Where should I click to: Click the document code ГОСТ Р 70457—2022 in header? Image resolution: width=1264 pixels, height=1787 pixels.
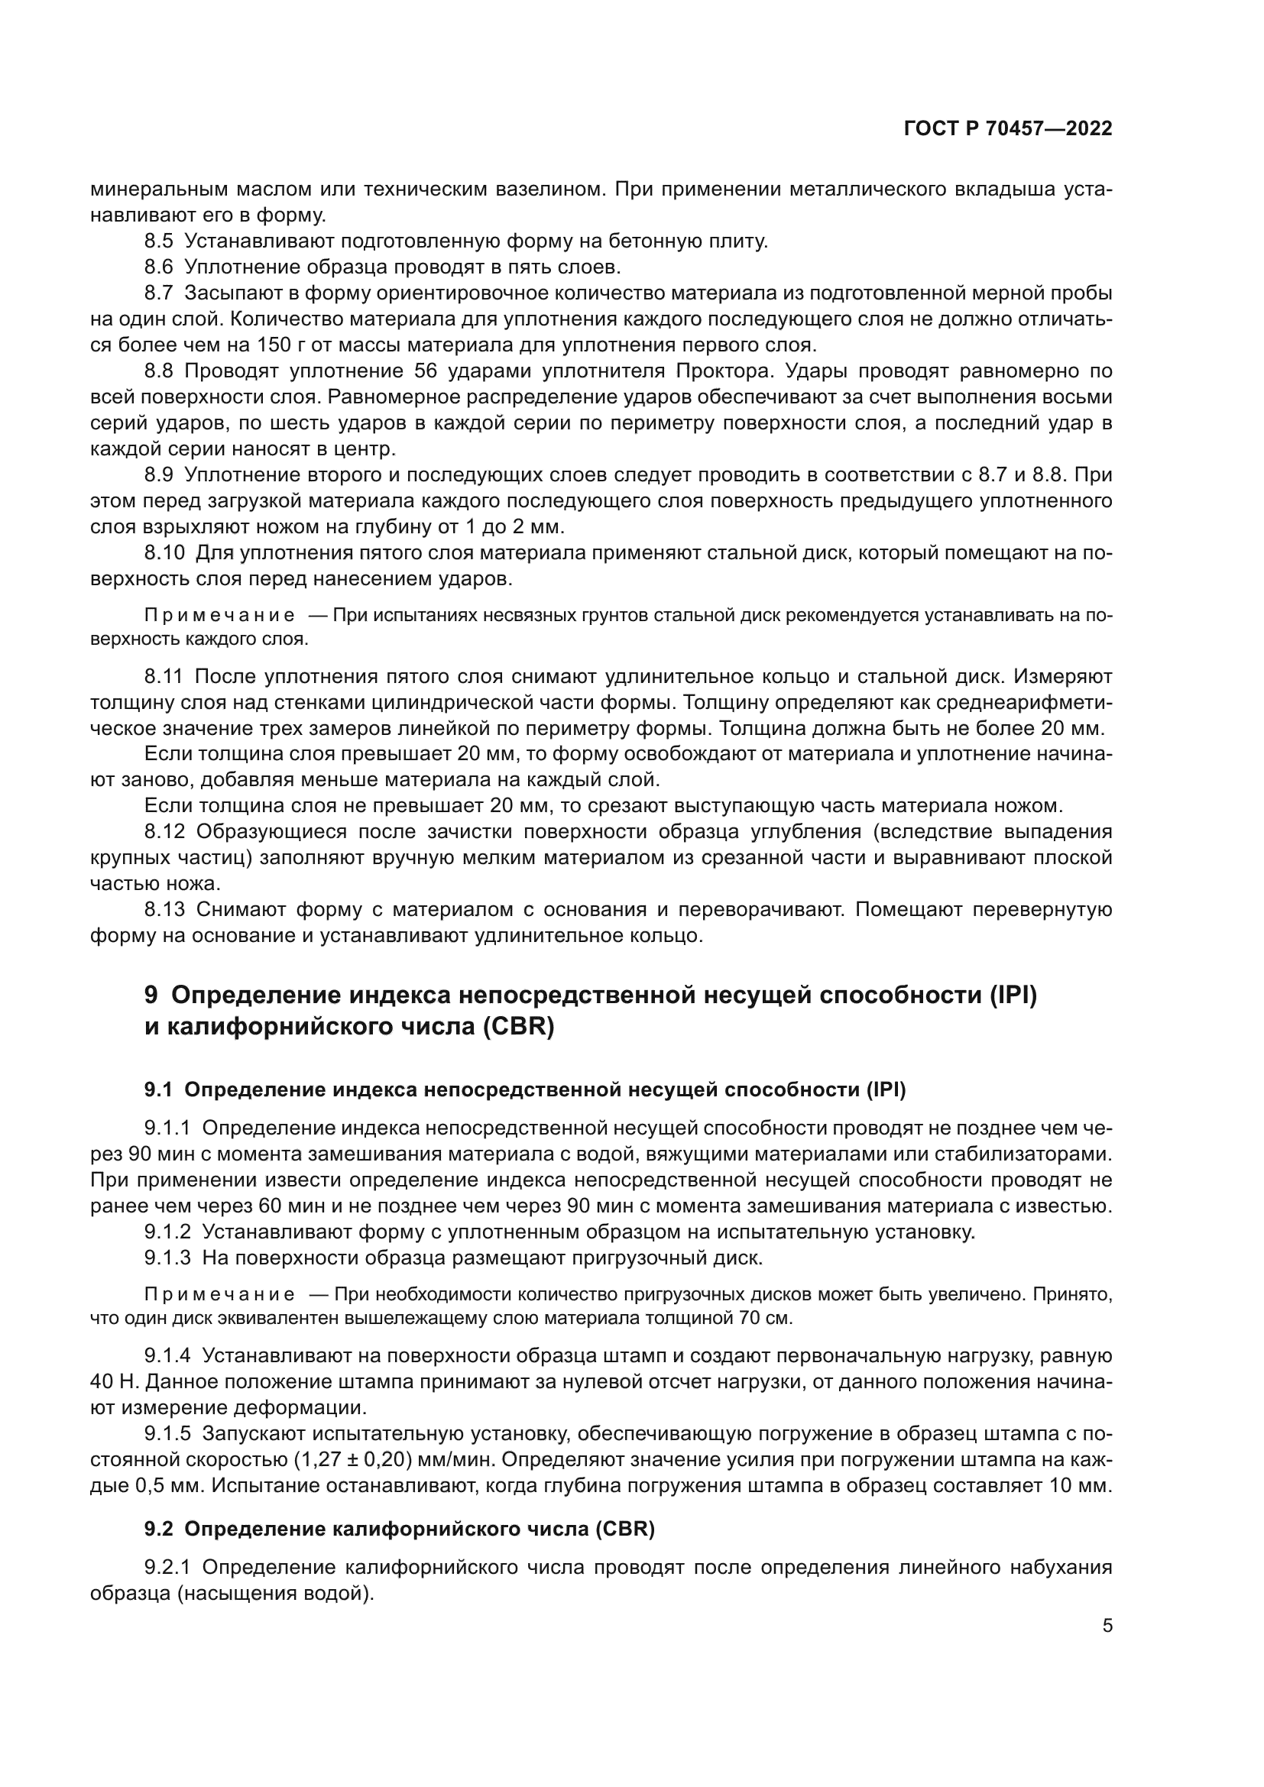(1007, 129)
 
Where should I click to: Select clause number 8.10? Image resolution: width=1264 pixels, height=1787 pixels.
(164, 553)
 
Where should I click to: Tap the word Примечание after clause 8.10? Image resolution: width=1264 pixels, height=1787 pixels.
(219, 616)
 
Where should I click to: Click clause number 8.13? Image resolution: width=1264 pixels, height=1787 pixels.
(164, 910)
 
